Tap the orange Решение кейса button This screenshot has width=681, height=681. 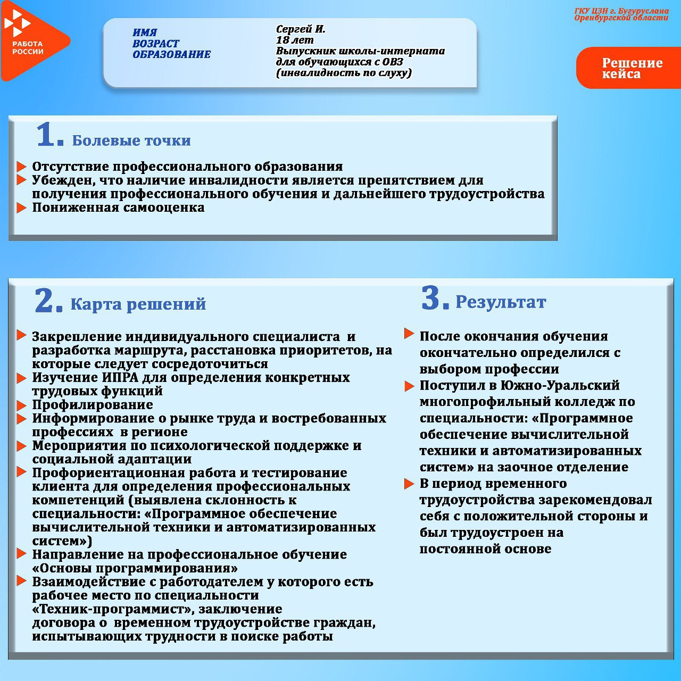631,68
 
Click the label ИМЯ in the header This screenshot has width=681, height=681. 145,32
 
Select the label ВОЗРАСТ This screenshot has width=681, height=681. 155,44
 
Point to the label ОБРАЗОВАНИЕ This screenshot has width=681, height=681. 171,54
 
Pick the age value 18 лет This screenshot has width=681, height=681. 295,40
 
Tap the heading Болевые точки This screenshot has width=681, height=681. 131,140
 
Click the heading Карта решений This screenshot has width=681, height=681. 138,304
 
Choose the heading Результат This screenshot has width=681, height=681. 501,302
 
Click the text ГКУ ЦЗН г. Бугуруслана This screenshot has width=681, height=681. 621,11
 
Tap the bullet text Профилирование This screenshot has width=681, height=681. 93,405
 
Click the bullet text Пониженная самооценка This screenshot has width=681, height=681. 118,207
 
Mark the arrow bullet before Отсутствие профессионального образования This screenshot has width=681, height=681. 21,167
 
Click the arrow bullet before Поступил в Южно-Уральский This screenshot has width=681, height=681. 409,386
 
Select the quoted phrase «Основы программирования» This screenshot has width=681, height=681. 135,568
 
